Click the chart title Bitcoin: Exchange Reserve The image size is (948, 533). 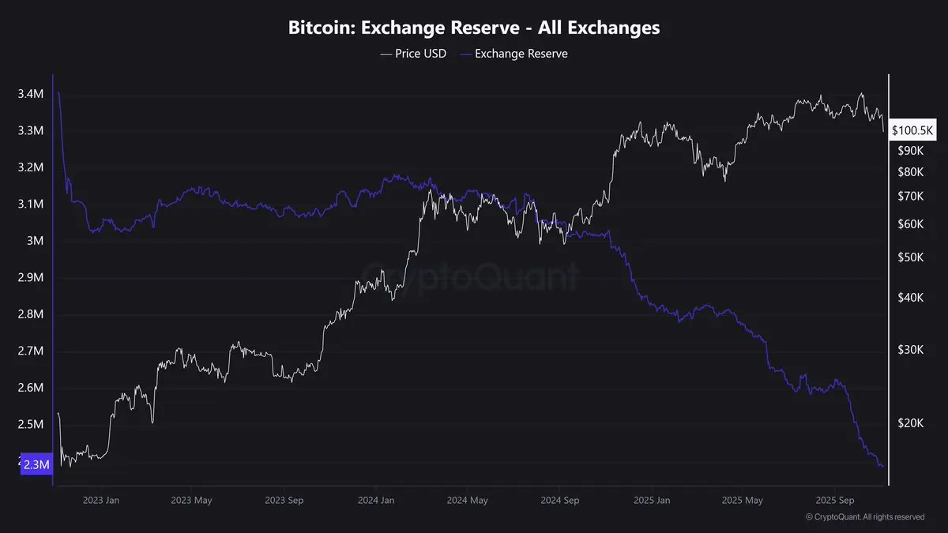(474, 28)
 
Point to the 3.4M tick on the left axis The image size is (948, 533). (30, 94)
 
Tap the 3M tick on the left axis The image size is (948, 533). (36, 241)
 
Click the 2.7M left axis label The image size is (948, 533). (30, 351)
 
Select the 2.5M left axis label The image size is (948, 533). (30, 425)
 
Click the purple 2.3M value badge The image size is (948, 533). (37, 465)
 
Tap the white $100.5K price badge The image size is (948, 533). (913, 129)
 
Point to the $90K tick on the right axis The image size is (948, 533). (911, 150)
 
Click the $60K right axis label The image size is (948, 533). (911, 224)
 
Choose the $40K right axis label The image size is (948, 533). (911, 297)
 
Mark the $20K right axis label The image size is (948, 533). (911, 423)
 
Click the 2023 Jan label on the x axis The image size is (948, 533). (100, 500)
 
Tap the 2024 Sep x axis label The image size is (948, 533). (560, 500)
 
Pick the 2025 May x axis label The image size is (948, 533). (743, 500)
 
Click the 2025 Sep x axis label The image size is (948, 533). (836, 500)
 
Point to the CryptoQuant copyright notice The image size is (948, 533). (865, 517)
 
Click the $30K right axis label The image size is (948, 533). (911, 349)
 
